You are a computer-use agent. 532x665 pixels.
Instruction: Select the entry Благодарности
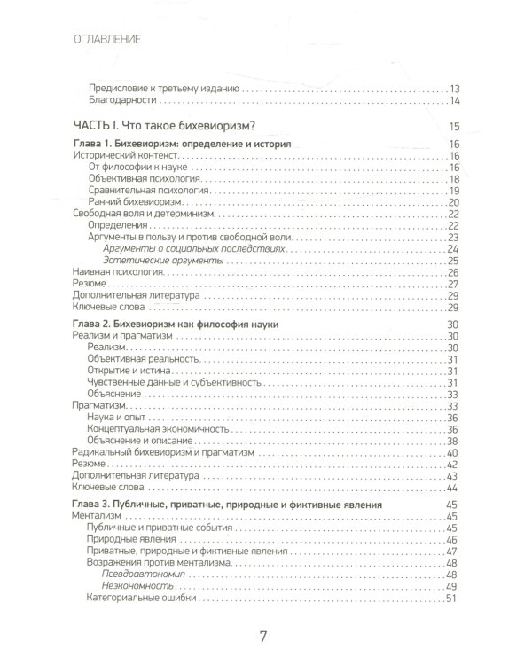click(126, 103)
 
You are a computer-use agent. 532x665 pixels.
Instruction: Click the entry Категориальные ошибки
click(141, 598)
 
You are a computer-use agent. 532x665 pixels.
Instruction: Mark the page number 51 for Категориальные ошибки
click(450, 598)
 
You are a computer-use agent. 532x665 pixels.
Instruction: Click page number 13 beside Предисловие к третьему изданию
click(450, 90)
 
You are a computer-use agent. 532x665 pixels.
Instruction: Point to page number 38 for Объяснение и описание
click(450, 441)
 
